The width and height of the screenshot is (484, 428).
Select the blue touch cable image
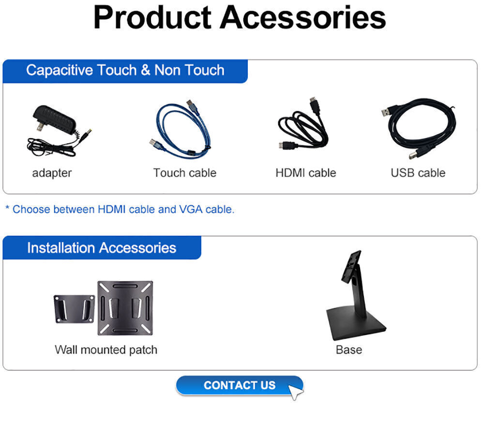tap(182, 128)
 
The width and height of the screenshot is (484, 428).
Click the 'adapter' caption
tap(52, 173)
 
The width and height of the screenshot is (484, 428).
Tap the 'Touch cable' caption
tap(184, 173)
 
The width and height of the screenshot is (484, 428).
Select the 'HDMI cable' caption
tap(305, 173)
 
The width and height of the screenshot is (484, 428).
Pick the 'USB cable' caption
tap(418, 173)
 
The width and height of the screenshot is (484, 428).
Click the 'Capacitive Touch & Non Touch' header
tap(125, 71)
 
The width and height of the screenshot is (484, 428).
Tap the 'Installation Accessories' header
tap(102, 248)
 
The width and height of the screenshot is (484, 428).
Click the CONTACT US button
tap(239, 385)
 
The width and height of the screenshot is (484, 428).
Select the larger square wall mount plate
tap(125, 308)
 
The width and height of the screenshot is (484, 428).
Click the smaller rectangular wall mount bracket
tap(74, 308)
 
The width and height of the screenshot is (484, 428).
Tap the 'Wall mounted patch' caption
tap(106, 350)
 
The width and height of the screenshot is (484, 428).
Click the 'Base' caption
tap(348, 350)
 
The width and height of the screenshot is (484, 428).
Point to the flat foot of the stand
tap(355, 325)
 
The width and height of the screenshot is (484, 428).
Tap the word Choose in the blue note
tap(31, 210)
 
